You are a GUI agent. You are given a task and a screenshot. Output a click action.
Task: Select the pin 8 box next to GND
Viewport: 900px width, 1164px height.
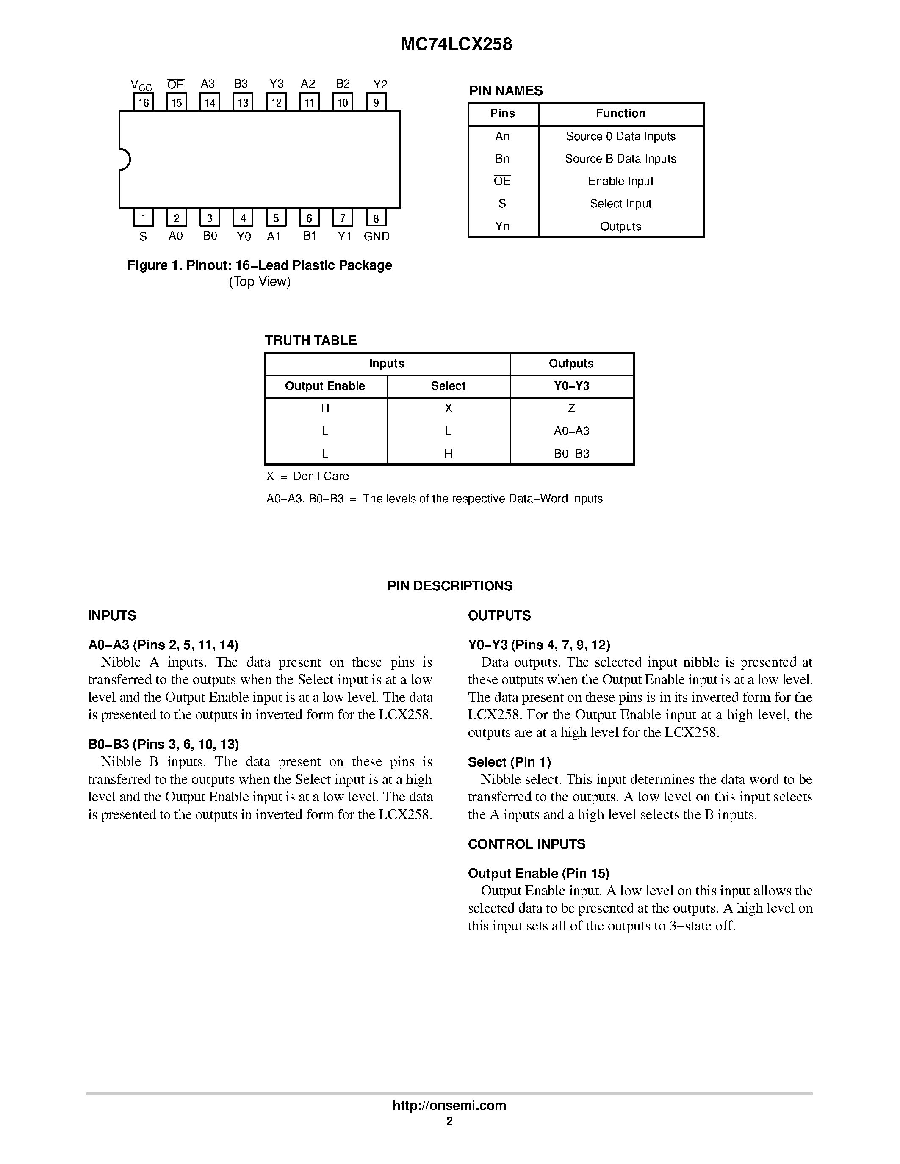pyautogui.click(x=377, y=218)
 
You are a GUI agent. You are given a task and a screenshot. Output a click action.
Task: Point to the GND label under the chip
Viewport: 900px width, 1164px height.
pyautogui.click(x=377, y=237)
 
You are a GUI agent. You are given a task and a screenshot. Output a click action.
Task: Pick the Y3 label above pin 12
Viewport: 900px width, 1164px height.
pyautogui.click(x=276, y=84)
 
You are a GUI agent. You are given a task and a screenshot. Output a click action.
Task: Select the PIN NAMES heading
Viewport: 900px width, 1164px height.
pyautogui.click(x=505, y=91)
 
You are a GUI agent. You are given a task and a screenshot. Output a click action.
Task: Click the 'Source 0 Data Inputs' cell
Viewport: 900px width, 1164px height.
pyautogui.click(x=620, y=136)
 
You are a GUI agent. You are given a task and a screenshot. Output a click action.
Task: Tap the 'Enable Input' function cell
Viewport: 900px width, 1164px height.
pyautogui.click(x=620, y=181)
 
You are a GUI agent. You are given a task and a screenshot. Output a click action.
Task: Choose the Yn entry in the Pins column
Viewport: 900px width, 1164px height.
pyautogui.click(x=502, y=226)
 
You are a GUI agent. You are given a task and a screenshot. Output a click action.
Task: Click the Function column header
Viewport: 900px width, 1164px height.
pyautogui.click(x=620, y=113)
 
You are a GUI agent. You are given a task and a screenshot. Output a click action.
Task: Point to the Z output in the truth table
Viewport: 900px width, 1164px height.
pyautogui.click(x=571, y=409)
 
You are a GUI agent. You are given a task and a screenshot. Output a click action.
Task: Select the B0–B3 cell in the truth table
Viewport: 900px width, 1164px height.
pyautogui.click(x=571, y=454)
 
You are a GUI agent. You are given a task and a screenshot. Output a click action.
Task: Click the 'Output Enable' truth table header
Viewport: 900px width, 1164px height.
pyautogui.click(x=325, y=386)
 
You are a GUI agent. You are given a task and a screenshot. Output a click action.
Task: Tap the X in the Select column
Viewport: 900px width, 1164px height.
pyautogui.click(x=449, y=409)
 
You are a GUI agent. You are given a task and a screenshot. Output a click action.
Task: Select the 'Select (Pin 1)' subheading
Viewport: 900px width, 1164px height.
pyautogui.click(x=509, y=762)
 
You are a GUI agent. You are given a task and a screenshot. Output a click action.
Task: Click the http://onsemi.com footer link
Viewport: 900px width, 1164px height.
pyautogui.click(x=449, y=1105)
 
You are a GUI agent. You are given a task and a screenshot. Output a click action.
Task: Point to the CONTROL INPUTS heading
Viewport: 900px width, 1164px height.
pyautogui.click(x=526, y=844)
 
